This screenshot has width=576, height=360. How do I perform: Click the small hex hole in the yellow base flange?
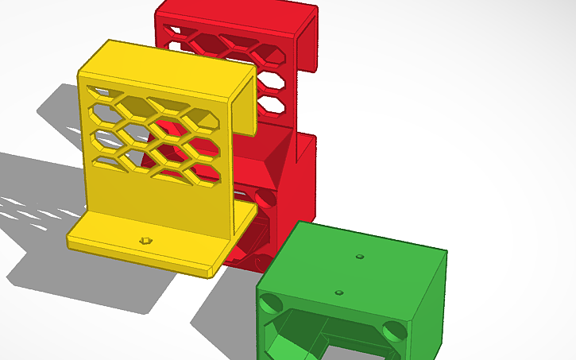(x=144, y=239)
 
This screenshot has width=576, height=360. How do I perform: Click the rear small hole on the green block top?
(x=360, y=257)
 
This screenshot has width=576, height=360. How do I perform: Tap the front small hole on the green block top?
(x=340, y=292)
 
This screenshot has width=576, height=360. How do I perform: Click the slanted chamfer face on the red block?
(x=265, y=159)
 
